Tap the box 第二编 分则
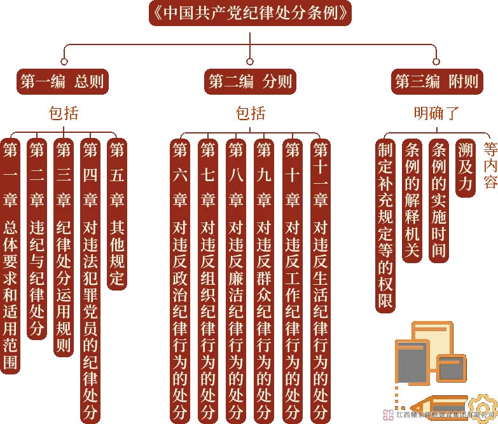250,82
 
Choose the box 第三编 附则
436,82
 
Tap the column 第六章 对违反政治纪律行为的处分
180,280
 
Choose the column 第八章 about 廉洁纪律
236,280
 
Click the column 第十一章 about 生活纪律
321,280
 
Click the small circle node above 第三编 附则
436,62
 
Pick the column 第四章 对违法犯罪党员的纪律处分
91,280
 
